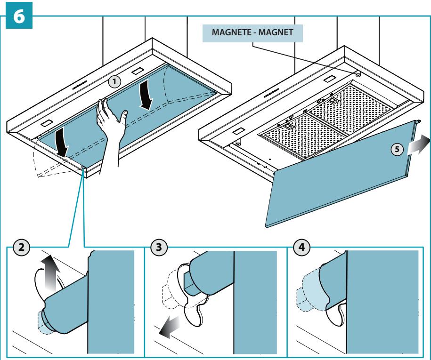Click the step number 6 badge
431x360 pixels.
19,16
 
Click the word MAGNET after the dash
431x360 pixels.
276,32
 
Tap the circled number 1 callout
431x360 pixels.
114,82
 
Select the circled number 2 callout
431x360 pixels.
21,247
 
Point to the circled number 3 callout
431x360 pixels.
159,247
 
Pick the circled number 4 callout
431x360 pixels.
301,247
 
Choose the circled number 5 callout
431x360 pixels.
397,149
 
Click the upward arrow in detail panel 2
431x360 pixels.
50,272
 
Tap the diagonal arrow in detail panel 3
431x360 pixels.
169,327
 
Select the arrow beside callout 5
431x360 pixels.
418,145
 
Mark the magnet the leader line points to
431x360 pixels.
358,74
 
